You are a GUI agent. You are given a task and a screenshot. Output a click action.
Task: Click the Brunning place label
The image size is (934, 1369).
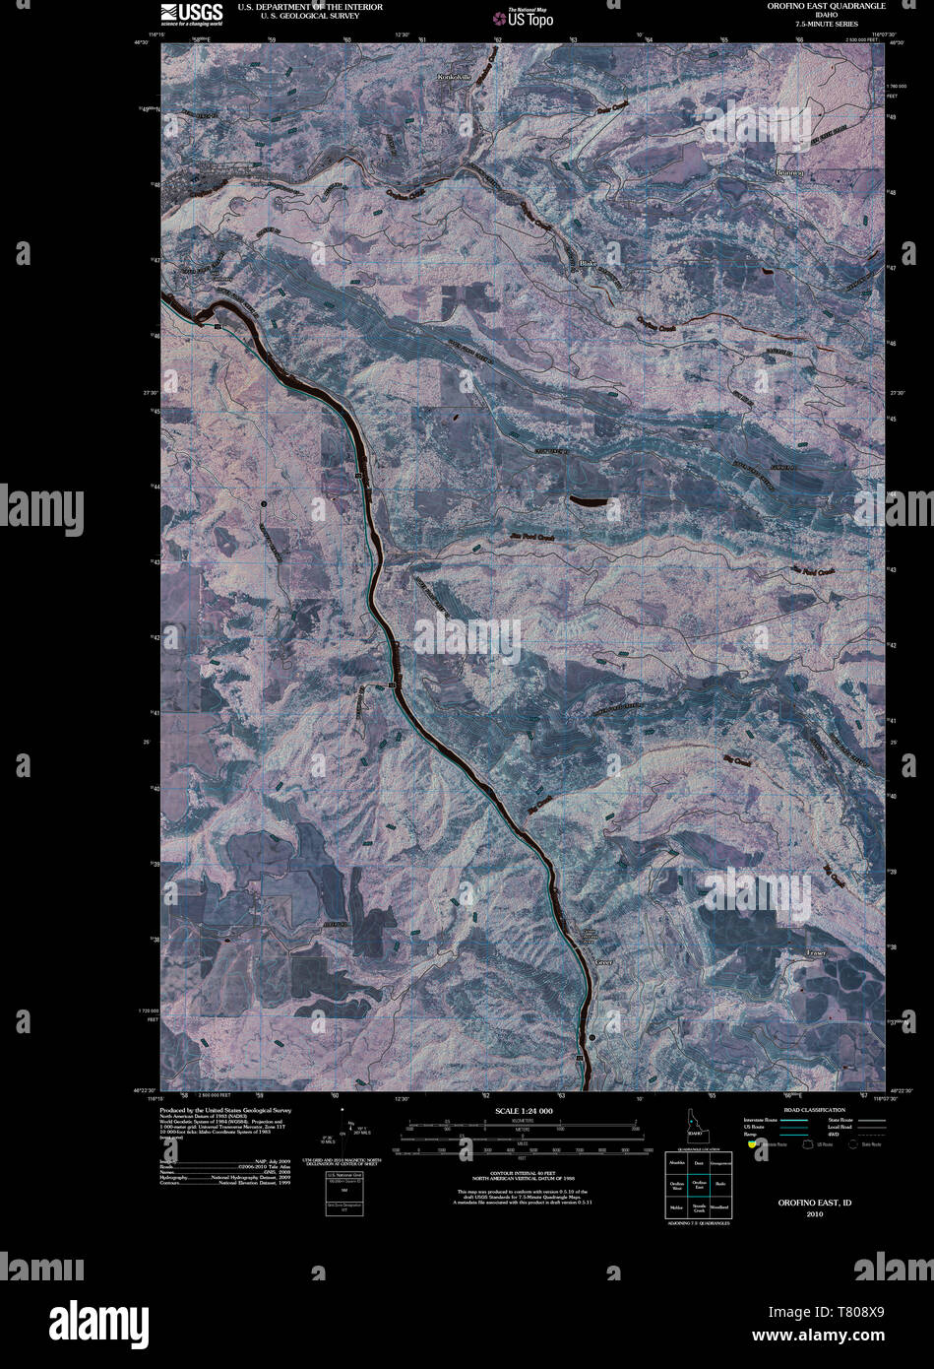point(789,173)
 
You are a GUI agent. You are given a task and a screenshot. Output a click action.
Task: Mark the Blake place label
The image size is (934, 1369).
point(589,263)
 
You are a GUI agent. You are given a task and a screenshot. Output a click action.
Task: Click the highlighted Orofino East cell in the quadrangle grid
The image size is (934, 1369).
point(699,1186)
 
